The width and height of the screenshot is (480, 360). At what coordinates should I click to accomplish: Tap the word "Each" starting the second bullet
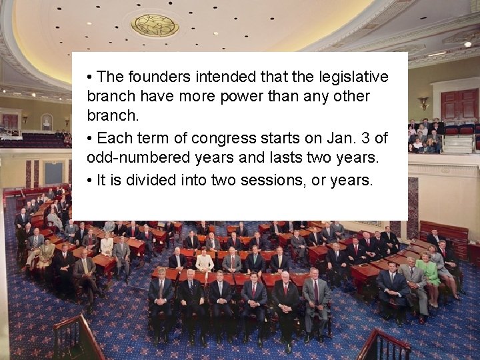pyautogui.click(x=113, y=139)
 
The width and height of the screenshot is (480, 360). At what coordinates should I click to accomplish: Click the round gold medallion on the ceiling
pyautogui.click(x=155, y=25)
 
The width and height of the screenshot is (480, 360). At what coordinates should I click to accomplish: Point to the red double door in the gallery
pyautogui.click(x=459, y=105)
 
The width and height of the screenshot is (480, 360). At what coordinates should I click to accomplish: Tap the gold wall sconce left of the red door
pyautogui.click(x=423, y=103)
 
